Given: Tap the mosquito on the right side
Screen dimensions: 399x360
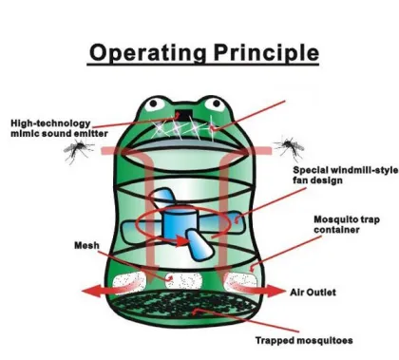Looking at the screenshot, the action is coord(287,145).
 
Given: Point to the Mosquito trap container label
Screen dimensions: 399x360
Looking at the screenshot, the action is coord(343,224).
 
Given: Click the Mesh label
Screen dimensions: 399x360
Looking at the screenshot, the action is coord(86,244).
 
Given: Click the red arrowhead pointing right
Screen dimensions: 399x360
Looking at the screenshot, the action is coord(273,290).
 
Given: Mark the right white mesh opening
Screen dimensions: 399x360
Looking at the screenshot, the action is coord(241,282).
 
